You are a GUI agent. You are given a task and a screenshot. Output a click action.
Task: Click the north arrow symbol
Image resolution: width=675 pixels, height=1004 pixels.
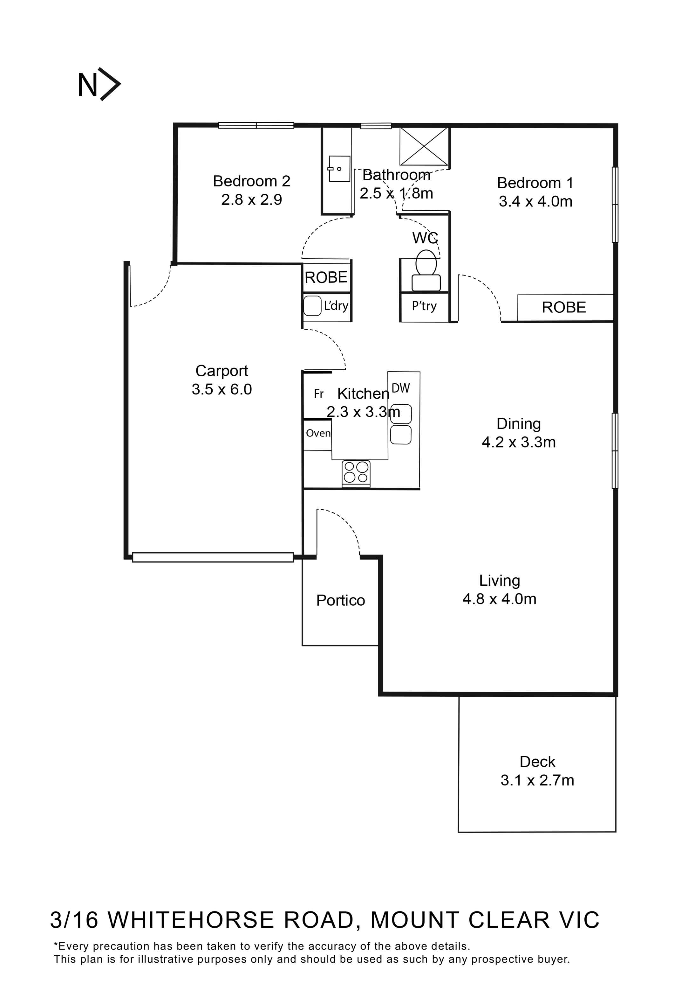click(x=99, y=84)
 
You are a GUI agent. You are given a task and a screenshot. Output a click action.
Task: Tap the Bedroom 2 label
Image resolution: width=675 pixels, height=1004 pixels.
click(x=251, y=181)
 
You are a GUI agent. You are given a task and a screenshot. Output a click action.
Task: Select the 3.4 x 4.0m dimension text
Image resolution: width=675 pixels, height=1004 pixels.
click(x=535, y=202)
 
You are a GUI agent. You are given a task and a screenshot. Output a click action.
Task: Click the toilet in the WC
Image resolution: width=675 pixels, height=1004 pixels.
click(x=426, y=271)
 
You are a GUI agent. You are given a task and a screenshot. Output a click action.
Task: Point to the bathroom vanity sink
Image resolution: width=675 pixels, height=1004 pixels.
click(x=339, y=169)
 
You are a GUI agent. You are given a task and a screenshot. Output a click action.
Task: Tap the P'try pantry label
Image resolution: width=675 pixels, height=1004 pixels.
click(x=424, y=306)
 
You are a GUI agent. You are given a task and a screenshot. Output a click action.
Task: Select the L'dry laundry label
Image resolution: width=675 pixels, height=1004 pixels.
click(x=336, y=306)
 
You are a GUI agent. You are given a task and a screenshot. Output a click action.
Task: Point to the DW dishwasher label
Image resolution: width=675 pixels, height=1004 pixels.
click(x=401, y=388)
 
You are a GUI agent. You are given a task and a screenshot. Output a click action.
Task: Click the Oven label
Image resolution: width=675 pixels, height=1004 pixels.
click(x=318, y=433)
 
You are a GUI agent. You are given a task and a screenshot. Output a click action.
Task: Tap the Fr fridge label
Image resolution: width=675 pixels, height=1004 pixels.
click(x=318, y=394)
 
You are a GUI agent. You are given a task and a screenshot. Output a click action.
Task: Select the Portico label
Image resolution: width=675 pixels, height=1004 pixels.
click(x=340, y=600)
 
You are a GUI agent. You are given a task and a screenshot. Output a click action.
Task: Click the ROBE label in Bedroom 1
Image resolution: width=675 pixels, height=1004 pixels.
click(x=563, y=307)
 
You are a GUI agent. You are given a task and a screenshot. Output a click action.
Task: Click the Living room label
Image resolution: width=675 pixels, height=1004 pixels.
click(x=499, y=581)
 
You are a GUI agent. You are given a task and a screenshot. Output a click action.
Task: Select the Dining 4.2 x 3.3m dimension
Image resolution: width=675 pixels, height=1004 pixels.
click(x=518, y=443)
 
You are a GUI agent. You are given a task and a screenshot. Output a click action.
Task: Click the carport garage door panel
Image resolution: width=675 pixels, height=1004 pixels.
click(x=213, y=557)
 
